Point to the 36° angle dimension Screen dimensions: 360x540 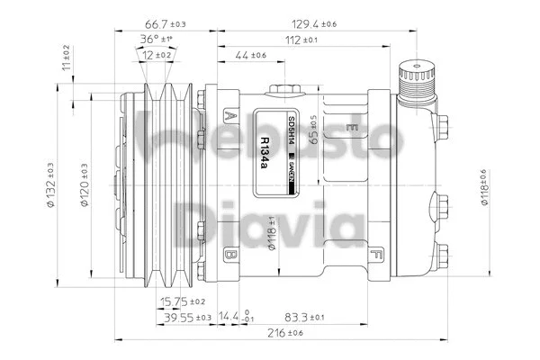155,40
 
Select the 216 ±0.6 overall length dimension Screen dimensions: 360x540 282,333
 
